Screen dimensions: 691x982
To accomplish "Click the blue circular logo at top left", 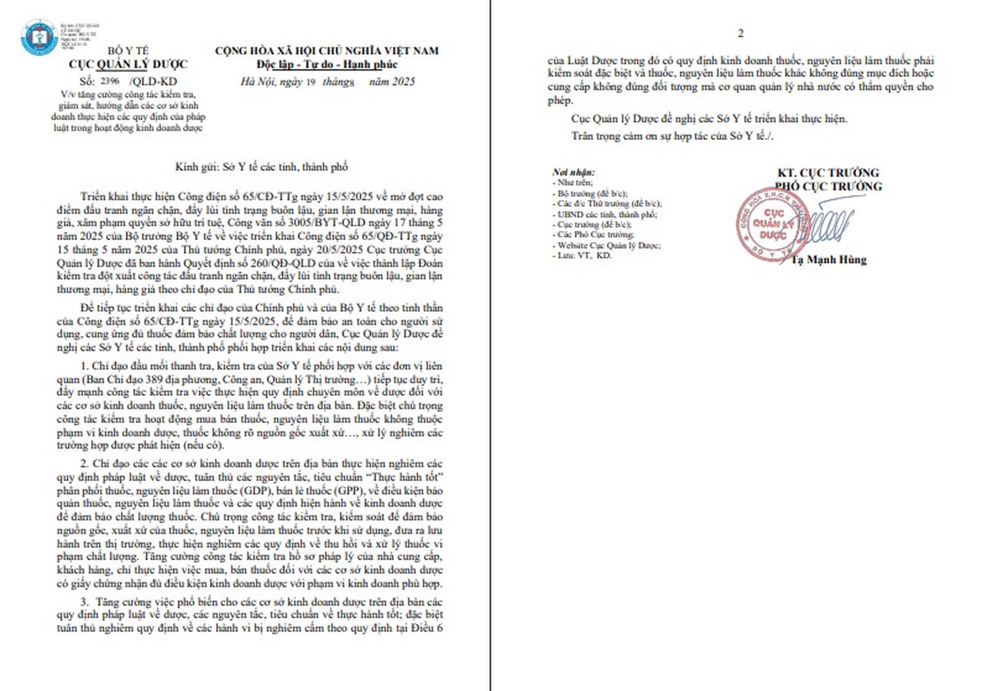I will click(x=39, y=37).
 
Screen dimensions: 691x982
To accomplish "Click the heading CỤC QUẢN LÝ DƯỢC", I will click(x=128, y=64).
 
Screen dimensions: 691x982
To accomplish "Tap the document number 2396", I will click(x=110, y=81).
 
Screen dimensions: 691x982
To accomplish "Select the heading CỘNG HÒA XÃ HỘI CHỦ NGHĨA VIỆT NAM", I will click(x=327, y=51).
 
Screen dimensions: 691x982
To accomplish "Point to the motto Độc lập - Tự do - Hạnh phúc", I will click(x=327, y=64).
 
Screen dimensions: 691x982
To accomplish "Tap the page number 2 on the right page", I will click(x=740, y=34).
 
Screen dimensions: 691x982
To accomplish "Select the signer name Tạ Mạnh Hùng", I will click(x=829, y=260).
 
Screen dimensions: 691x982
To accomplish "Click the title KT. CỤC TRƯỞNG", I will click(x=828, y=173).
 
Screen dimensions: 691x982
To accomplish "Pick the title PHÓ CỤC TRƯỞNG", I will click(x=828, y=186).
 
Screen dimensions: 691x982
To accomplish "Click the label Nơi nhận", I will click(x=573, y=172).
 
